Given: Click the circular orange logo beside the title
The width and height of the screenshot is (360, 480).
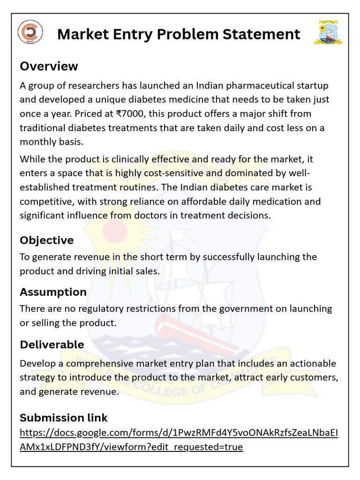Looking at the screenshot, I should [30, 32].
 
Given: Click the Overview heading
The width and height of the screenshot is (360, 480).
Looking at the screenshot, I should [49, 66].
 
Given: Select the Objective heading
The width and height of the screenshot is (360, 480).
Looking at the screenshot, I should [46, 240].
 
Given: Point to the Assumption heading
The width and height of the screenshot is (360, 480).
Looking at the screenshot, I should [53, 292].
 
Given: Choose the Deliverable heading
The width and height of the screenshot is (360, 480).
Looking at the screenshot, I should [52, 345].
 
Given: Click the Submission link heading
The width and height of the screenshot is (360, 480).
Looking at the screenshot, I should [63, 418].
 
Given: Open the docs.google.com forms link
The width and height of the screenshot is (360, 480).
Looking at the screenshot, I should [178, 440].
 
